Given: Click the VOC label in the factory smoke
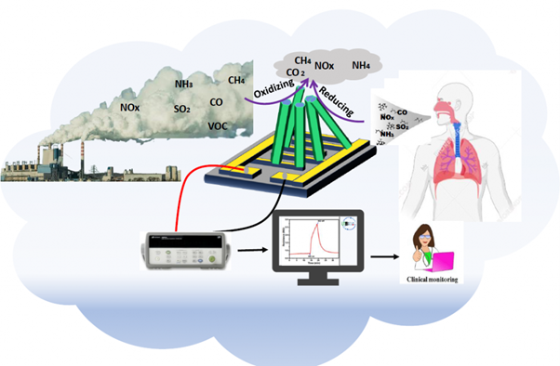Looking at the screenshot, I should tap(218, 125).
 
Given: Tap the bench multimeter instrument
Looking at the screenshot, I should tap(182, 249).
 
